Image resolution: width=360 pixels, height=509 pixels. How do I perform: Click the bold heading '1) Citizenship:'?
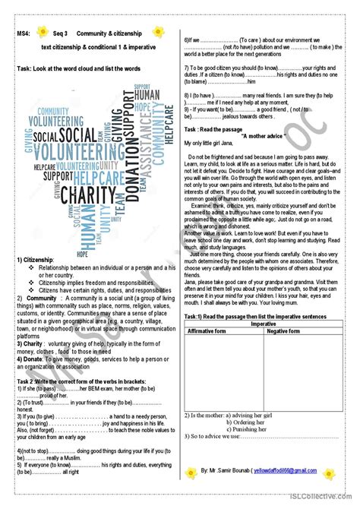coord(37,261)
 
